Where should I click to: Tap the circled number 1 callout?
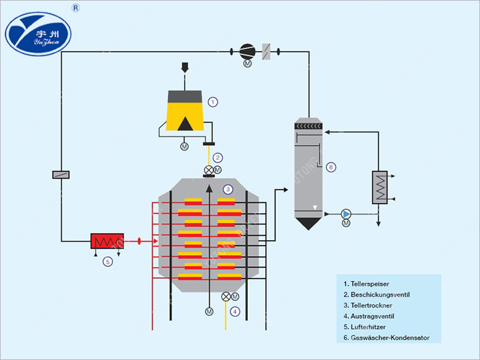pyautogui.click(x=212, y=102)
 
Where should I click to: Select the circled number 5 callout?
pyautogui.click(x=107, y=261)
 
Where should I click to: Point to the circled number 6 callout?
pyautogui.click(x=331, y=167)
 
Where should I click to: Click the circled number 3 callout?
pyautogui.click(x=227, y=189)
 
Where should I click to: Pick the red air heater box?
pyautogui.click(x=107, y=241)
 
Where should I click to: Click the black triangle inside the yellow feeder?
pyautogui.click(x=185, y=123)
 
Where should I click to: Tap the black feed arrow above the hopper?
pyautogui.click(x=185, y=67)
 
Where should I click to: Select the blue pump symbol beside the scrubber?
pyautogui.click(x=346, y=214)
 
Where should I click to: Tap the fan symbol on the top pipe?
pyautogui.click(x=247, y=51)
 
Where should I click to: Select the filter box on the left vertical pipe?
pyautogui.click(x=61, y=175)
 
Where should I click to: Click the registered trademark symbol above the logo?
pyautogui.click(x=76, y=8)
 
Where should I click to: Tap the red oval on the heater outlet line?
pyautogui.click(x=139, y=241)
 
